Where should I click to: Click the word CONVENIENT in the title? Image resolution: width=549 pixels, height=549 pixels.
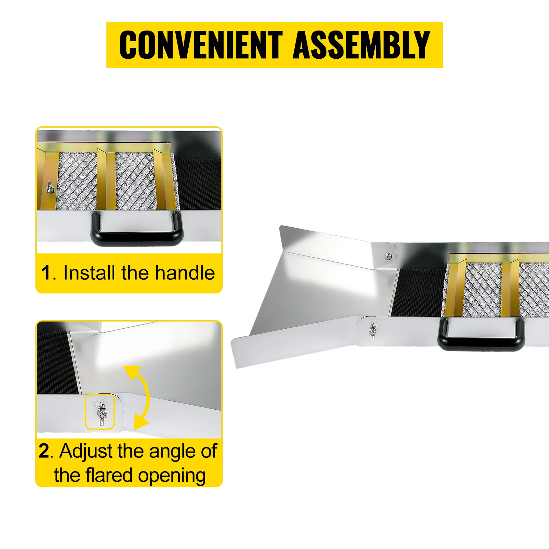pyautogui.click(x=201, y=45)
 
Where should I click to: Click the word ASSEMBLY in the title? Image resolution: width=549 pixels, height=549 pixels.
pyautogui.click(x=361, y=45)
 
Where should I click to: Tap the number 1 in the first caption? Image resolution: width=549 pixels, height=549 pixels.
pyautogui.click(x=46, y=273)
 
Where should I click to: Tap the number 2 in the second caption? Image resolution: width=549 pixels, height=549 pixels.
pyautogui.click(x=44, y=451)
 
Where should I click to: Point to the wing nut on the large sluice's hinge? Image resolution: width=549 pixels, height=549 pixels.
pyautogui.click(x=373, y=331)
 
